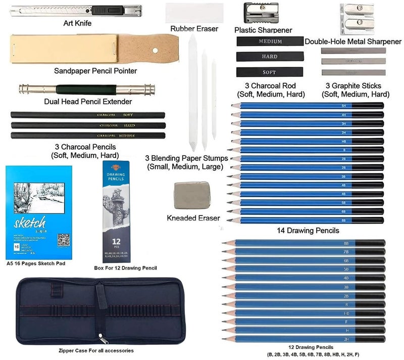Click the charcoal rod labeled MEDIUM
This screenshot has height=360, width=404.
coord(270,41)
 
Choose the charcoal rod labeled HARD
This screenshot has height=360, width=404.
coord(270,57)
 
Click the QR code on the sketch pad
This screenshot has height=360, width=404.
coord(63,240)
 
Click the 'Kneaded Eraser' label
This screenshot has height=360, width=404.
coord(193,218)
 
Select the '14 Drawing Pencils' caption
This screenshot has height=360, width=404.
coord(308,231)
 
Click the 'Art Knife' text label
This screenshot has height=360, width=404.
coord(77,23)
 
